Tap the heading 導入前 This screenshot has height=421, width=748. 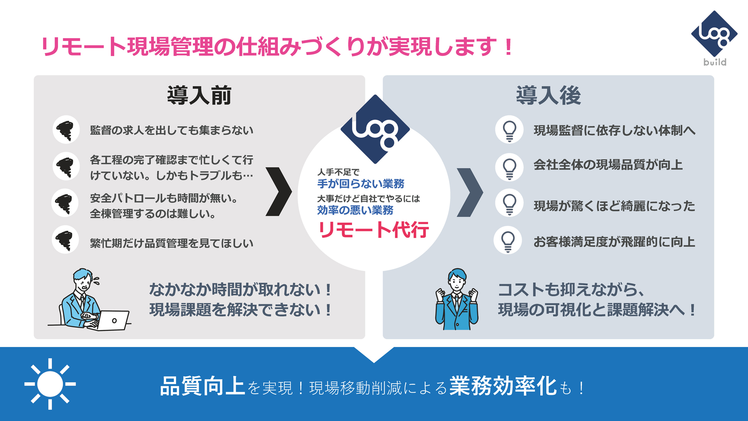coord(199,96)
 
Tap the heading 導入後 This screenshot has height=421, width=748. coord(548,96)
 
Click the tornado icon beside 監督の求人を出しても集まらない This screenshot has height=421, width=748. coord(66,130)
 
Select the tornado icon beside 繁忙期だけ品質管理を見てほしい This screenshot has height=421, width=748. coord(65,240)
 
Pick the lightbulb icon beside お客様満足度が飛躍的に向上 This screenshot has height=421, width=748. coord(508,241)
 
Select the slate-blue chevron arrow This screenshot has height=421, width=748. coord(469,192)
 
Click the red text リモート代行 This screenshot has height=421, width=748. coord(374,230)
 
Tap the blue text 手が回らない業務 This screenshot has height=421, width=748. coord(361,184)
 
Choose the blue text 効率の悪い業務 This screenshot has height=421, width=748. coord(355,210)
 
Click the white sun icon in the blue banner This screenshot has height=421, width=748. coord(50,384)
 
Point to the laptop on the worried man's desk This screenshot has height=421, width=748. coord(113,320)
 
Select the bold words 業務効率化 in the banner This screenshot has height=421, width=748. coord(503,386)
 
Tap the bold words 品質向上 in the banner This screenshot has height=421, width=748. coord(203,386)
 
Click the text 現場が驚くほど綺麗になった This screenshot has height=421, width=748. coord(614,206)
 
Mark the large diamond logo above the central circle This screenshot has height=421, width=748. coord(375,129)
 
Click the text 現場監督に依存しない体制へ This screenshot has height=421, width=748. coord(614,130)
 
